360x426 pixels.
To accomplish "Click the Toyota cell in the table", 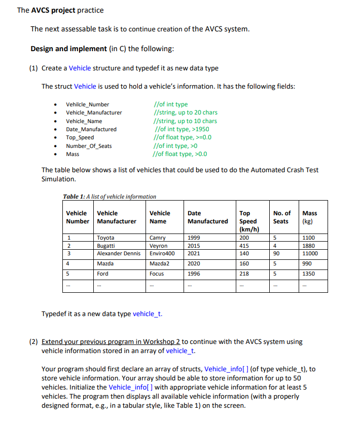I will [105, 238].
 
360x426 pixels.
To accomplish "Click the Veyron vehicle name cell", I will [159, 246].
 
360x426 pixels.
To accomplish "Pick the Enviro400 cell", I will [162, 253].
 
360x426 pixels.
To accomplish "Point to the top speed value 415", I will [244, 246].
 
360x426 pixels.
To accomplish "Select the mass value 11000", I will [310, 253].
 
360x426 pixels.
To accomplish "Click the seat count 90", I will [276, 253].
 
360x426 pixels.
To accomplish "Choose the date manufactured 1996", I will [193, 274].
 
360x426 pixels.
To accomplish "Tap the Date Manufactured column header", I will [207, 217].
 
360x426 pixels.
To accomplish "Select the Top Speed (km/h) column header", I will [249, 221].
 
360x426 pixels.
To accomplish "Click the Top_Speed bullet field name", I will [80, 138].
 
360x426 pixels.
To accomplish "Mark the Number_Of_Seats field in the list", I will [89, 146].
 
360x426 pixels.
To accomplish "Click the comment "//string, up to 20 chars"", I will [185, 112].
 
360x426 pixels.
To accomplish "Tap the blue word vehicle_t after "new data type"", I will [147, 314].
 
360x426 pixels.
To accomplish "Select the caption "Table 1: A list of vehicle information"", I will [110, 197].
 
